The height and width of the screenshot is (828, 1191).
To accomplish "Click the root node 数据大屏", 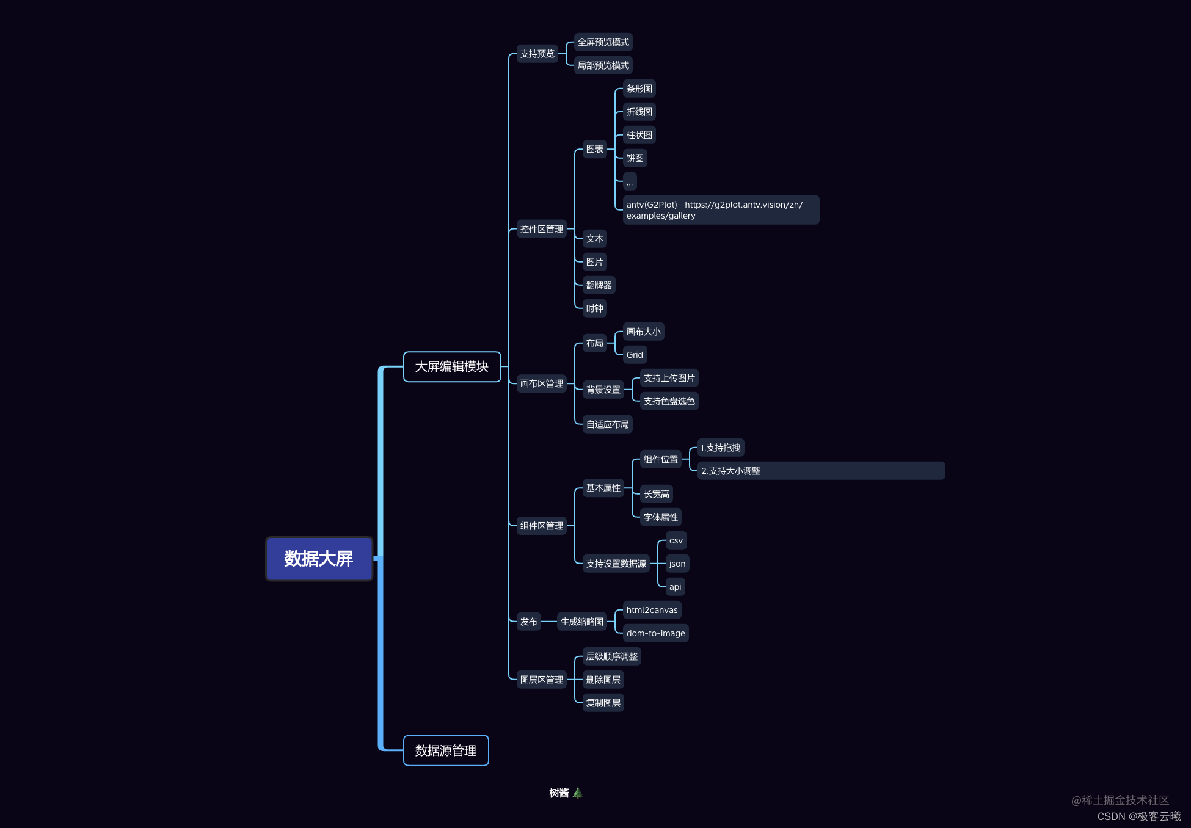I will coord(319,559).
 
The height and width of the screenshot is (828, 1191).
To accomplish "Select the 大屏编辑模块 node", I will coord(452,367).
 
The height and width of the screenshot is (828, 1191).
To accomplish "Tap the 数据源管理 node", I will coord(446,751).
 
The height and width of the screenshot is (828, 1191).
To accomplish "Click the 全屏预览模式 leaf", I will coord(603,42).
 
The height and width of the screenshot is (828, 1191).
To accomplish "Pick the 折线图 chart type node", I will coord(639,112).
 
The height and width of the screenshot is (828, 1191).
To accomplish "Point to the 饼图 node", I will coord(635,158).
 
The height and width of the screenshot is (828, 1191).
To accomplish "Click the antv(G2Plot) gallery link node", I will coord(721,210).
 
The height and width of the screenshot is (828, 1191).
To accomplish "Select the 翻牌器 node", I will coord(599,285).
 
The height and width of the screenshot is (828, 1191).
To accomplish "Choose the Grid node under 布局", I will coord(635,355).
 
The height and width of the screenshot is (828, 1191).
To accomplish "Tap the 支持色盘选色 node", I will coord(669,401).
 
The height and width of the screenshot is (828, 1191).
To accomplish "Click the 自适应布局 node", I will coord(607,424).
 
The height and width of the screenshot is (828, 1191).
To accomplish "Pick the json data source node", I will coord(677,564).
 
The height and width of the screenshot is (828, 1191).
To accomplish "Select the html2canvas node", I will coord(652,610).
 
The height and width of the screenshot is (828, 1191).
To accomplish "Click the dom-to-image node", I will coord(655,633).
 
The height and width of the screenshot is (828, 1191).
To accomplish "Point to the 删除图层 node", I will coord(603,680).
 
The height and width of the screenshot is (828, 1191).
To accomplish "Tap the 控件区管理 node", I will coord(541,229).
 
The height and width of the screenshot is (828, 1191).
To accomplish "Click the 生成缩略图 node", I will coord(581,622).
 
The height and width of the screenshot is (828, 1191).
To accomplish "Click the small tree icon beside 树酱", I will coord(578,793).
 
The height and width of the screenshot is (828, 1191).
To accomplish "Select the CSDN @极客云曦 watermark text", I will coord(1138,816).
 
